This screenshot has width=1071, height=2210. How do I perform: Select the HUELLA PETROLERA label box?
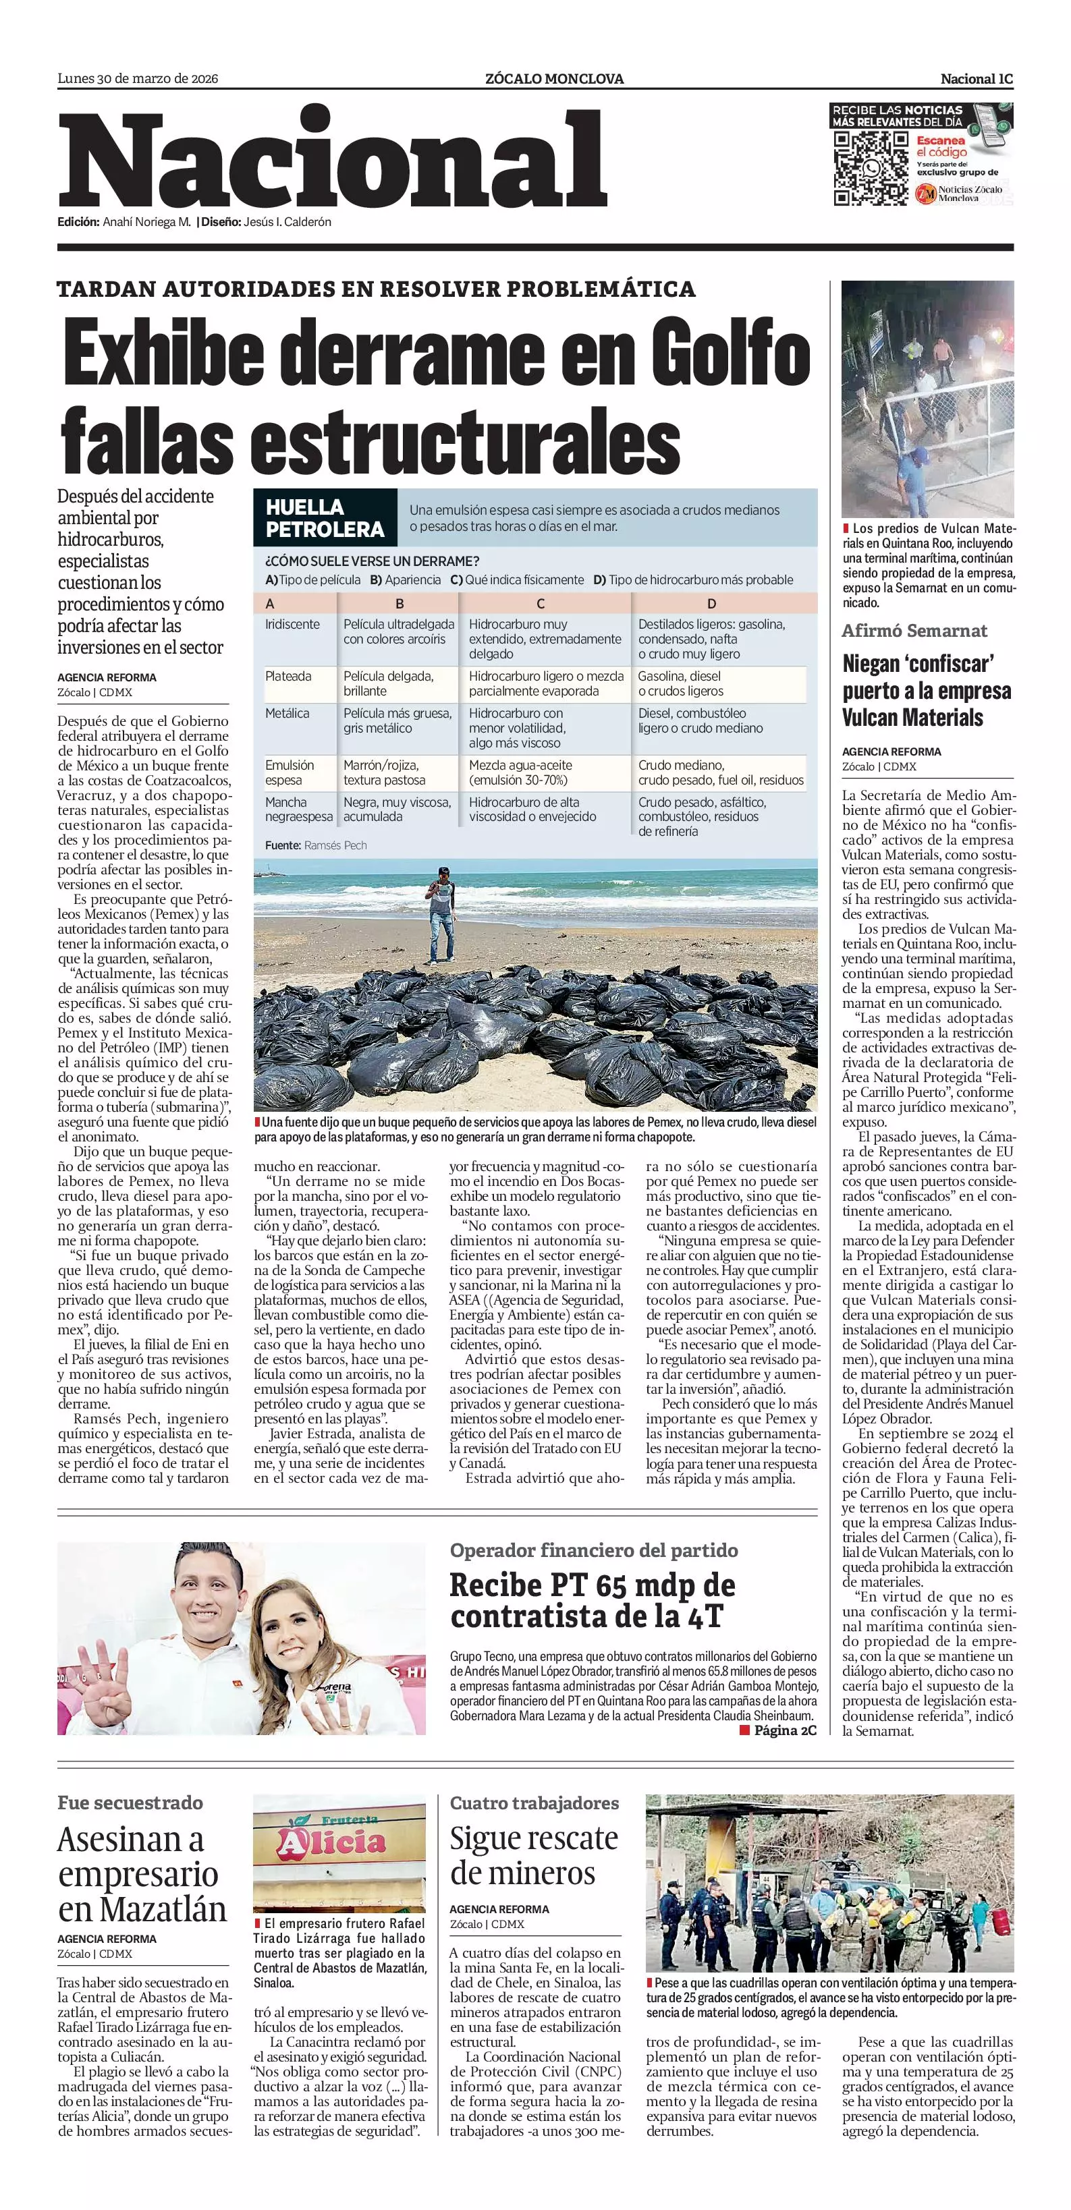(x=325, y=518)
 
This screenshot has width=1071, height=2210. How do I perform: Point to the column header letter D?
(x=711, y=604)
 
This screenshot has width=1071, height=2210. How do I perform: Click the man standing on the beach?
(x=441, y=911)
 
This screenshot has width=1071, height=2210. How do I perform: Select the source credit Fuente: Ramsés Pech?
(x=316, y=845)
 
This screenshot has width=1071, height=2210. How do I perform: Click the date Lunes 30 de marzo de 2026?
(x=137, y=79)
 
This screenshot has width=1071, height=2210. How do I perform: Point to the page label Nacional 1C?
(x=976, y=79)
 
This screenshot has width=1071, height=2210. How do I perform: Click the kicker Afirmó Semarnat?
(x=914, y=631)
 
